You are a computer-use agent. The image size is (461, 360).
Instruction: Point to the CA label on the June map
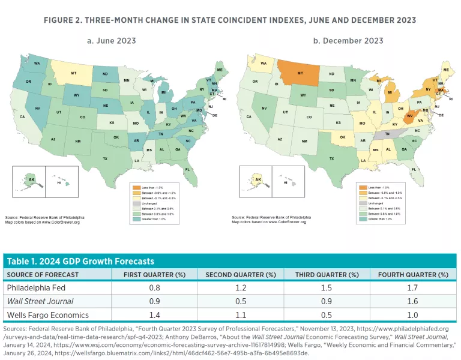[22, 117]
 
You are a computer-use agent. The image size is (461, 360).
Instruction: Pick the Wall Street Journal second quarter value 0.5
[240, 302]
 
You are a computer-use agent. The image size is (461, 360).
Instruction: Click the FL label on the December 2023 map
[415, 170]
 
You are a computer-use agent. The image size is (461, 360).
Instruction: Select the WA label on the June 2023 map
[36, 63]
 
